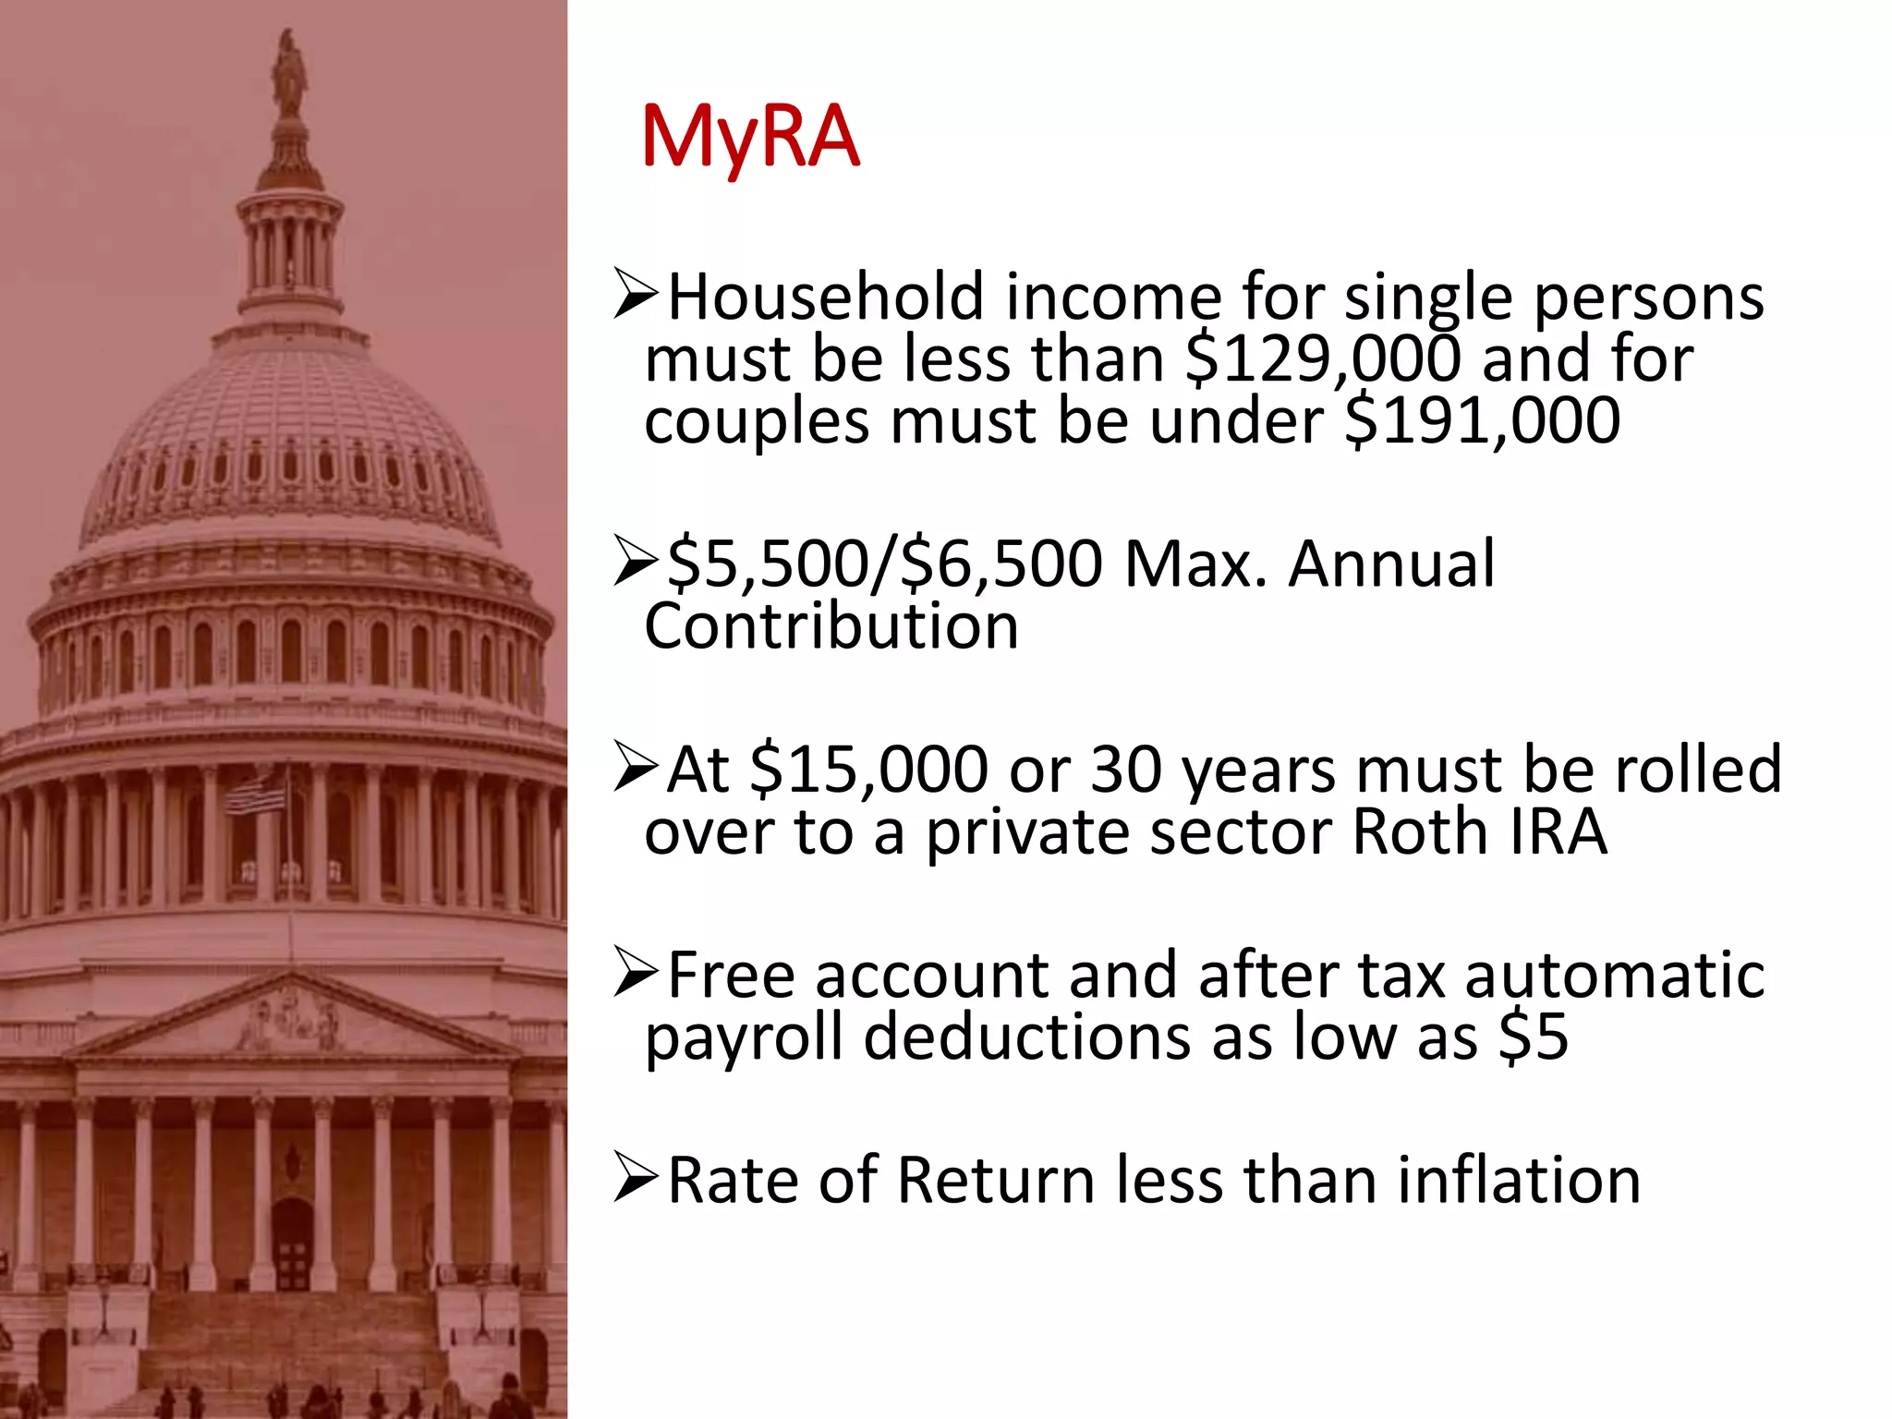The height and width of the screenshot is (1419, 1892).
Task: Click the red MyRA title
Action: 750,139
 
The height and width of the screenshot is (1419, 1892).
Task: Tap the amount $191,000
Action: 1482,421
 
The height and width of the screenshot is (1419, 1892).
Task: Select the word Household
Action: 826,297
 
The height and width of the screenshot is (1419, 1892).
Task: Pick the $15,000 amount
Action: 868,770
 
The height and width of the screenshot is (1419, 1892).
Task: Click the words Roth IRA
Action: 1479,832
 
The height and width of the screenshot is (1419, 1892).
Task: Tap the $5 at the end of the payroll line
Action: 1534,1037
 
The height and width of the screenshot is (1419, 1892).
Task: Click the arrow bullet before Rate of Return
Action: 636,1181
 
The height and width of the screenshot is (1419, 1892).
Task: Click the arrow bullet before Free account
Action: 636,976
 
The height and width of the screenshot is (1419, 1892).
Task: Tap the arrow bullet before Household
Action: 636,297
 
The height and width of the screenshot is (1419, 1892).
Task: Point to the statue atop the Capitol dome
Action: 290,74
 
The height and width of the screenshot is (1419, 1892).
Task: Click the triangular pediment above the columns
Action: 292,1021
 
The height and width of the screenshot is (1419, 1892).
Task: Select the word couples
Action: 756,421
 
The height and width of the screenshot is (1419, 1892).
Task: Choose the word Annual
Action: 1390,564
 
